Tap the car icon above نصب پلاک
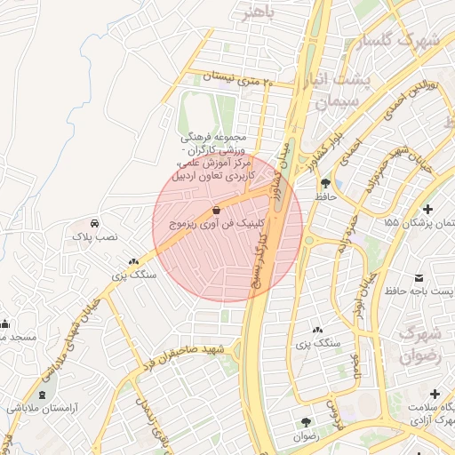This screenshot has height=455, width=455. (94, 223)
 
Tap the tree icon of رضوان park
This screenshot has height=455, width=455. (306, 421)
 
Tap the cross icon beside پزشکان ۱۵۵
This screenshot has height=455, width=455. (430, 209)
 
